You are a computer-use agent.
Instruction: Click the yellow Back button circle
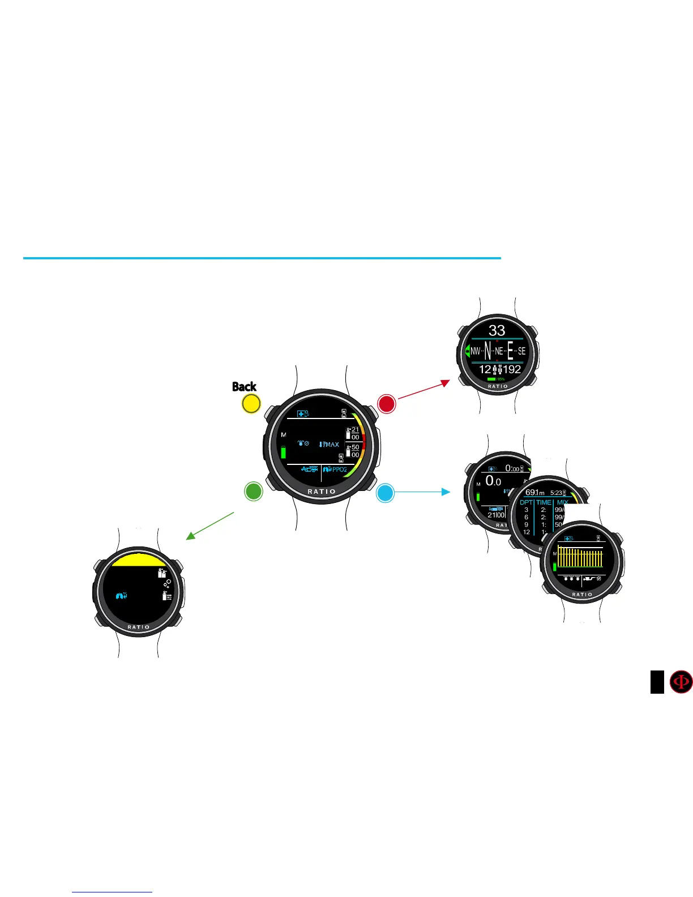tap(251, 404)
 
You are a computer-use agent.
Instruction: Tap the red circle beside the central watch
tap(386, 404)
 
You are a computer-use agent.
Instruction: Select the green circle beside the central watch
tap(253, 491)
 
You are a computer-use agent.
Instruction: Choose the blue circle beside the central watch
tap(385, 493)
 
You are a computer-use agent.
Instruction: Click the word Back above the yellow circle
tap(244, 387)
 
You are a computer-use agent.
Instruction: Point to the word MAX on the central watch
tap(331, 445)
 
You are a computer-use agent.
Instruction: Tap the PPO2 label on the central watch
tap(339, 469)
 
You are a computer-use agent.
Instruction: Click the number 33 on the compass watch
tap(497, 331)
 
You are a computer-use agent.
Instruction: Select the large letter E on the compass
tap(510, 351)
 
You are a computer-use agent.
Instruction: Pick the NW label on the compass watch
tap(475, 351)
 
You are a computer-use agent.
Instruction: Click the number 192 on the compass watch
tap(512, 370)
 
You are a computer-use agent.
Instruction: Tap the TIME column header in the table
tap(544, 502)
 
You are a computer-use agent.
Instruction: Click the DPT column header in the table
tap(527, 502)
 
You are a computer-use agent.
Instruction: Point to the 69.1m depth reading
tap(534, 493)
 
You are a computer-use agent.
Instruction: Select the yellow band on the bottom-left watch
tap(138, 560)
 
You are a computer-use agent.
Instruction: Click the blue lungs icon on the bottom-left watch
tap(121, 595)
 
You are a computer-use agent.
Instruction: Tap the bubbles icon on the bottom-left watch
tap(167, 583)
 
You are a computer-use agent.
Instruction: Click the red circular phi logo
tap(681, 682)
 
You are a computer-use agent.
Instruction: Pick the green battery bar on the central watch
tap(283, 452)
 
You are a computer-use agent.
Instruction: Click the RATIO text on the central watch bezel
tap(322, 492)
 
